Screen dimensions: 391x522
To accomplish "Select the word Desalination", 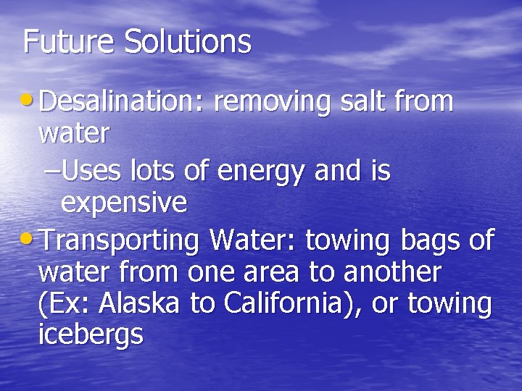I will (x=120, y=103).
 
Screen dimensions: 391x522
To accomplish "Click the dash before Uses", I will (x=52, y=172).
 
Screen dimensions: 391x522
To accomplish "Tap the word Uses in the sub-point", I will (x=92, y=172).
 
